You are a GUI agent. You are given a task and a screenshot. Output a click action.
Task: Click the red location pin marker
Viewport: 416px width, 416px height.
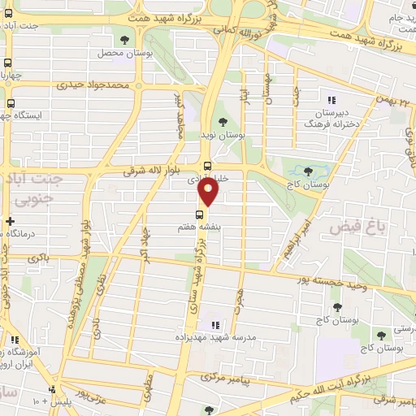tap(209, 193)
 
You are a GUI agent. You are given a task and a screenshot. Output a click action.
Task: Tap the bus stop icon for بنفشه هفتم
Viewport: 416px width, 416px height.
tap(200, 214)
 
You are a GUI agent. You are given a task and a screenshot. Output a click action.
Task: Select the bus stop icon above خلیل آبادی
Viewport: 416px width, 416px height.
tap(207, 166)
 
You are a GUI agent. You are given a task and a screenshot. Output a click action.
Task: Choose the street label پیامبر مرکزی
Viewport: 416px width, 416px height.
tap(219, 379)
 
